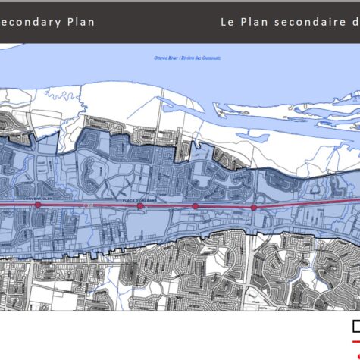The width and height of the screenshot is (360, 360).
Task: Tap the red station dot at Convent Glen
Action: click(38, 205)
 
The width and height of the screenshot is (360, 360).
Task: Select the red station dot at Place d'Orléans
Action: click(140, 205)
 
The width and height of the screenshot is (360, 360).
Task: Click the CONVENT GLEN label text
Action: click(38, 199)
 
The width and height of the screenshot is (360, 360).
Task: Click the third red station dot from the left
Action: click(196, 205)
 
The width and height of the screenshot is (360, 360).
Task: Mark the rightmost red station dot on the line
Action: click(254, 206)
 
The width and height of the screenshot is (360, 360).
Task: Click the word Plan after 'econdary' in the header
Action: click(80, 22)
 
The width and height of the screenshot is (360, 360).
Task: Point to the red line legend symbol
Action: click(356, 342)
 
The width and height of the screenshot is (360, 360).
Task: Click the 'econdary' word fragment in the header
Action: click(30, 22)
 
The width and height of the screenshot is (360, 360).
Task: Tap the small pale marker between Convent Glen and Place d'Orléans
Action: click(88, 205)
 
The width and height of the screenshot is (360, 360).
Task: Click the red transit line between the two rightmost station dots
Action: click(225, 206)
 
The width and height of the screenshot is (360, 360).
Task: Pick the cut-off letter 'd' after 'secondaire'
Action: click(355, 22)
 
